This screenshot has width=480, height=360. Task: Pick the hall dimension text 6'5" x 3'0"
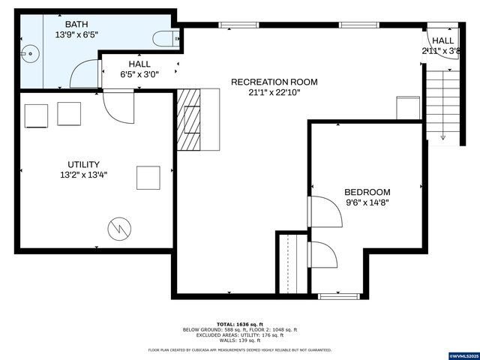pos(139,74)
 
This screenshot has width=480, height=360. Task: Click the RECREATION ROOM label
pos(274,82)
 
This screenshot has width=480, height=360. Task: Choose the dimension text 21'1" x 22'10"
pos(274,93)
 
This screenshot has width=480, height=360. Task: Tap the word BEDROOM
pos(367,192)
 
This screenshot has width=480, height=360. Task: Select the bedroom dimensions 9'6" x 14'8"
pos(367,202)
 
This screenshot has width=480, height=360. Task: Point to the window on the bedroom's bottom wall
pos(337,296)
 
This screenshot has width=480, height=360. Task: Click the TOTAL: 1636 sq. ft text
pos(239,322)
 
